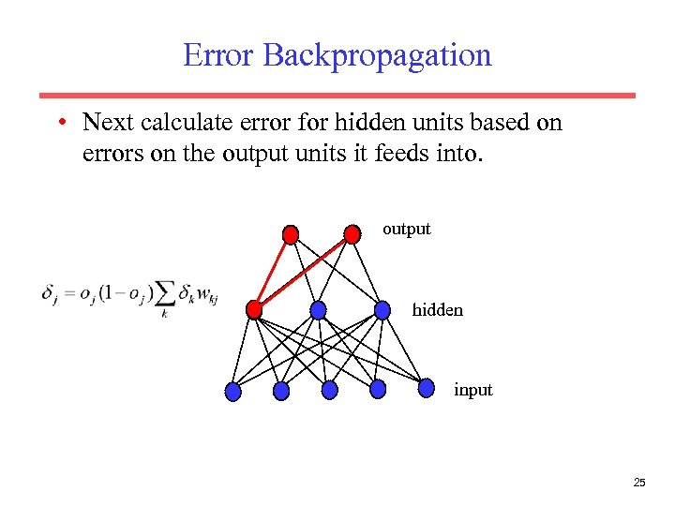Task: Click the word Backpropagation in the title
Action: click(x=377, y=57)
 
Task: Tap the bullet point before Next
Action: click(x=60, y=123)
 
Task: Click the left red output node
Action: click(x=291, y=233)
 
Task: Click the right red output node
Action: click(x=352, y=232)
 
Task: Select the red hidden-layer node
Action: click(x=253, y=309)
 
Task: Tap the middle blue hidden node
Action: click(x=319, y=309)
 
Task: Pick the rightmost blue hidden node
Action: click(x=382, y=309)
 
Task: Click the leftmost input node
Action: click(x=233, y=392)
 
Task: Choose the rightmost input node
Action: click(x=427, y=387)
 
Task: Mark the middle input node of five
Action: click(x=329, y=390)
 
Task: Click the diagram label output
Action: click(x=406, y=229)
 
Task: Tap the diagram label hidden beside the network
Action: click(x=437, y=309)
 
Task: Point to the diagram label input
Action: click(x=472, y=390)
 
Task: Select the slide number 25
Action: click(x=639, y=483)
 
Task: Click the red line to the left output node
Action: click(x=272, y=271)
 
